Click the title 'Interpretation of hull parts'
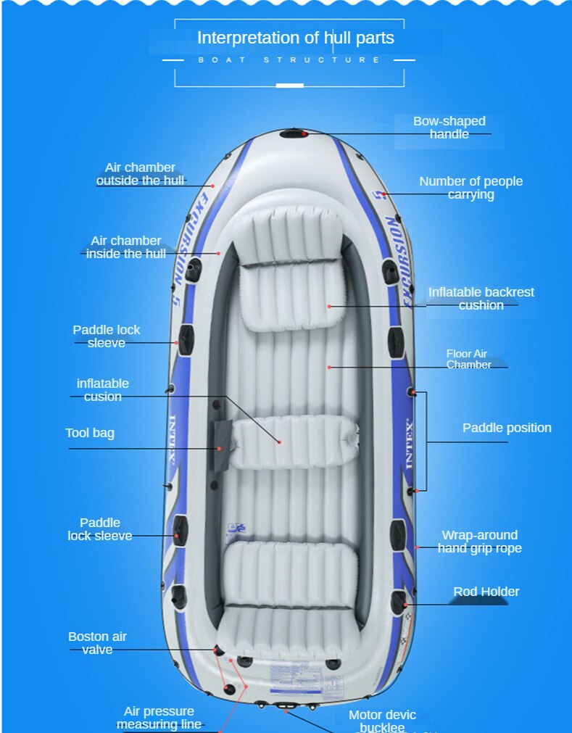click(296, 38)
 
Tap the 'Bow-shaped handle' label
click(449, 128)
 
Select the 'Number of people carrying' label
click(471, 188)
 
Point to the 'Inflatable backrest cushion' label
click(481, 298)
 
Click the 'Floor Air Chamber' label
click(468, 359)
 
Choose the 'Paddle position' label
click(507, 428)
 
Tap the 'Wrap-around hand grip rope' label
click(479, 542)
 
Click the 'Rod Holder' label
click(486, 592)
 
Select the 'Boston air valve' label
click(97, 643)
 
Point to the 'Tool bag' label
click(90, 433)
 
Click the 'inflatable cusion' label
click(103, 389)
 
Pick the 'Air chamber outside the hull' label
click(140, 174)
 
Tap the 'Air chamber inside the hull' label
click(126, 247)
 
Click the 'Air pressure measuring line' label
click(159, 718)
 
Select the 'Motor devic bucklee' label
click(382, 721)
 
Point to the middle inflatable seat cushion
click(294, 442)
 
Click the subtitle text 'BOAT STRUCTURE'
click(289, 59)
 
